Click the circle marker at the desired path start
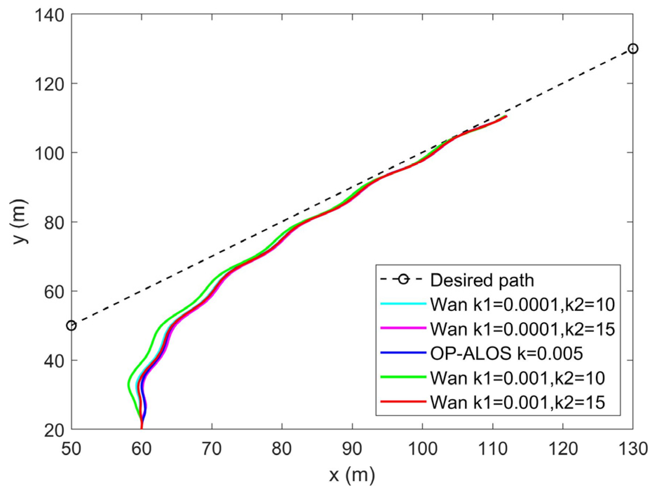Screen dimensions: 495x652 click(71, 326)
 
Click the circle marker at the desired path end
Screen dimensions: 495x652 click(633, 49)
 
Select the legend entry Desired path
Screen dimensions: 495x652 click(482, 280)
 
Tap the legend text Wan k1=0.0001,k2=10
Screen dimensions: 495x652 click(522, 305)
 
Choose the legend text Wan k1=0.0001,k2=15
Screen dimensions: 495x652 click(522, 329)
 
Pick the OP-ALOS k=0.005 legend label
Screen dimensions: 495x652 click(506, 354)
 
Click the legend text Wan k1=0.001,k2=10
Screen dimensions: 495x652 click(517, 378)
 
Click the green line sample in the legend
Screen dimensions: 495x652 click(403, 377)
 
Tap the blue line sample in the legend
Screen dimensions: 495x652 click(403, 353)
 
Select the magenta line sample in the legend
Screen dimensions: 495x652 click(403, 328)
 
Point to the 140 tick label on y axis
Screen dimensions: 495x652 click(49, 15)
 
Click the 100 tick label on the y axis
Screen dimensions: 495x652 click(49, 153)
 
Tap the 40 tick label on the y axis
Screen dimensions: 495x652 click(54, 361)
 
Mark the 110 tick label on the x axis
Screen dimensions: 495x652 click(493, 449)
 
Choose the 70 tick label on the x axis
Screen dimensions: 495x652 click(212, 449)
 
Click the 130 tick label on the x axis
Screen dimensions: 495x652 click(633, 449)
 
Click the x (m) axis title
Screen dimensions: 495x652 click(352, 476)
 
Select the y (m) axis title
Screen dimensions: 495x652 click(20, 222)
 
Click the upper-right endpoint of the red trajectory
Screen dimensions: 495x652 click(506, 116)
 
